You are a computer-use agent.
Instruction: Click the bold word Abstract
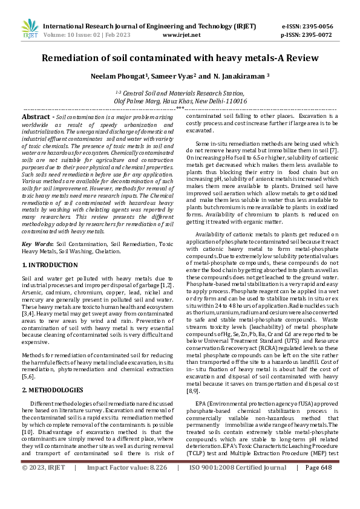pos(35,116)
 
